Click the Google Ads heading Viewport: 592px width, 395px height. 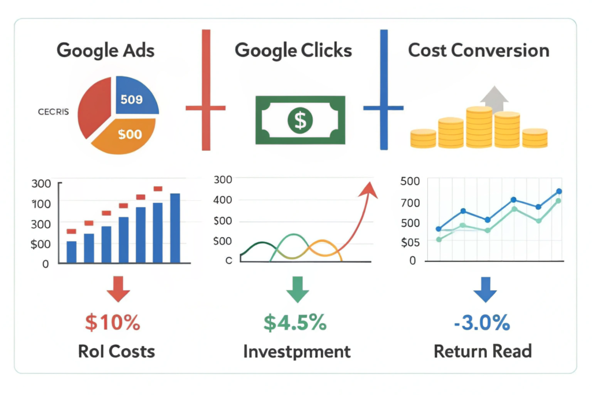pos(106,51)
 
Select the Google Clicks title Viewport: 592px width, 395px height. pos(293,51)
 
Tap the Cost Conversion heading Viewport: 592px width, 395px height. pos(479,50)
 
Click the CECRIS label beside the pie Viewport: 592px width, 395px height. pos(53,112)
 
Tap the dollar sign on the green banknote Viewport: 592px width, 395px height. pos(300,120)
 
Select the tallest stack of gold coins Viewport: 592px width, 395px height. pos(479,127)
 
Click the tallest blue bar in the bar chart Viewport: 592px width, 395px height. pos(175,228)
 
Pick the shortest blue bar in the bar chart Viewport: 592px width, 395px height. pos(71,252)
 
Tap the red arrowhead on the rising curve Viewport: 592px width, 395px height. pos(369,189)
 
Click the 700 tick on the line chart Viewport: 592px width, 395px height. pos(410,203)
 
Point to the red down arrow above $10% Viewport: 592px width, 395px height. pos(118,289)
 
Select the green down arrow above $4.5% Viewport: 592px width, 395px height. pos(298,289)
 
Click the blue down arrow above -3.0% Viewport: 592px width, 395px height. pos(485,289)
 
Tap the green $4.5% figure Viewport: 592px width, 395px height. pos(295,323)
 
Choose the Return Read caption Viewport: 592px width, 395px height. pos(483,351)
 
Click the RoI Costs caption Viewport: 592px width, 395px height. pos(116,351)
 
